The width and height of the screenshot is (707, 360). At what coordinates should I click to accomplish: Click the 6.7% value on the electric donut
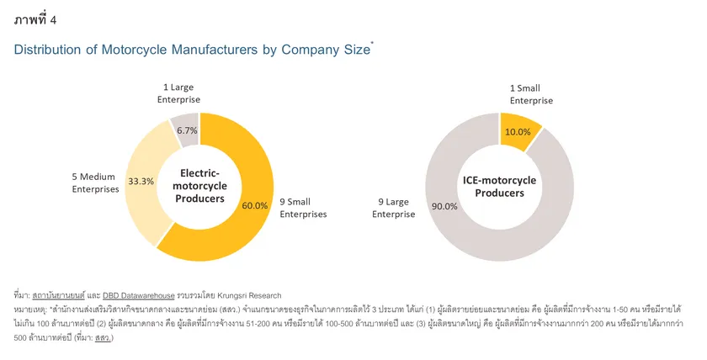click(187, 130)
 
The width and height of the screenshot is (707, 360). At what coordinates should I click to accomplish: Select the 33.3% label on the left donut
click(141, 181)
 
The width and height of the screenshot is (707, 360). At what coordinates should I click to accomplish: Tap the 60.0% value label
click(255, 205)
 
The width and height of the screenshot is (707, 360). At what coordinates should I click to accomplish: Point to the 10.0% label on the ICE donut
click(518, 132)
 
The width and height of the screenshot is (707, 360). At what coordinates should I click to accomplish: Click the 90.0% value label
click(445, 206)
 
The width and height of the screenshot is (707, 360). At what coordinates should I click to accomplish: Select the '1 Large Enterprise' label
click(179, 93)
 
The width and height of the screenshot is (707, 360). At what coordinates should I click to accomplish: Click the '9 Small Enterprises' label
click(302, 208)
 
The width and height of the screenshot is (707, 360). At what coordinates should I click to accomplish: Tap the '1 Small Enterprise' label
click(531, 93)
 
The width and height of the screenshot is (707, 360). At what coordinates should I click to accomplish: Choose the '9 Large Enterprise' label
click(393, 208)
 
